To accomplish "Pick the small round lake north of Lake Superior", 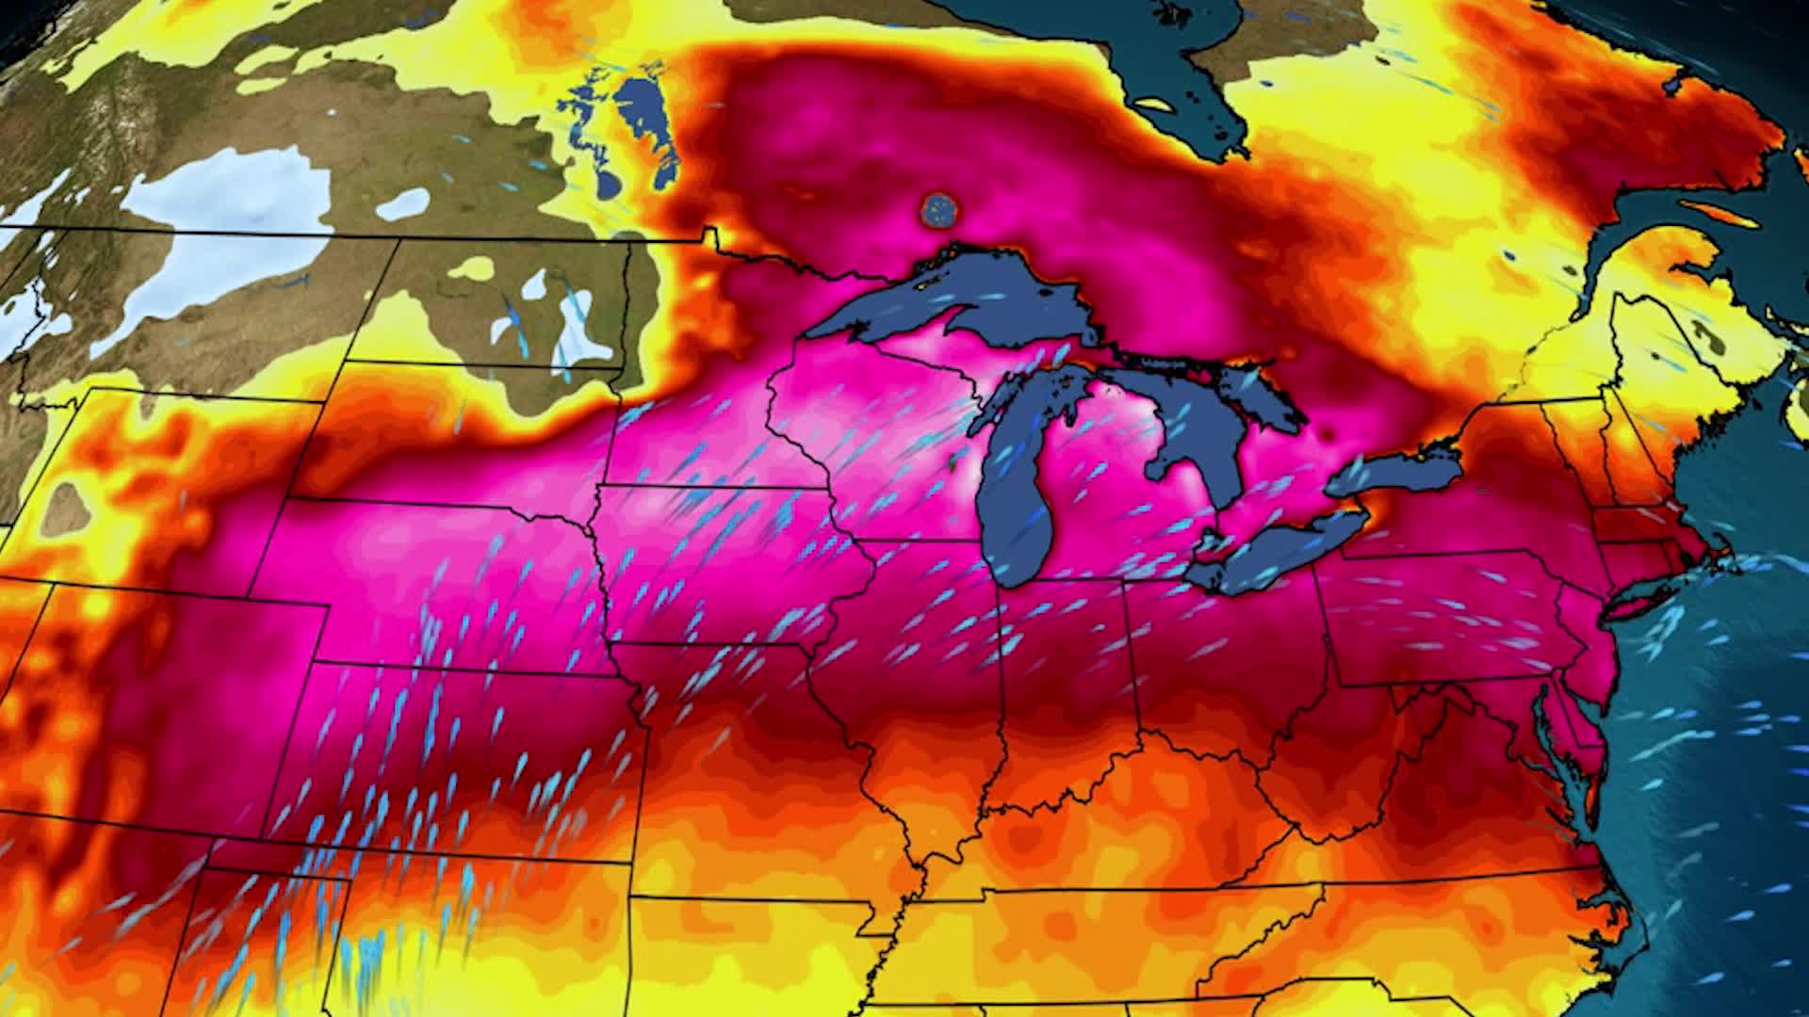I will pos(938,209).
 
